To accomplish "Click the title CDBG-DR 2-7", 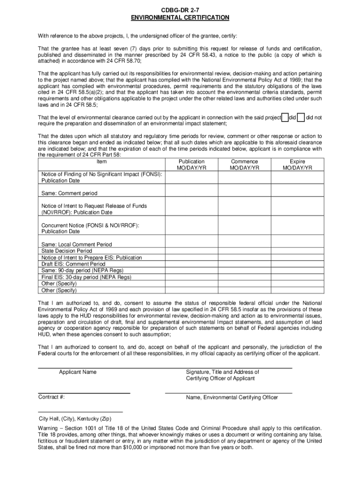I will pos(180,10).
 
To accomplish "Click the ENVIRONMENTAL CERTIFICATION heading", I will pos(180,18).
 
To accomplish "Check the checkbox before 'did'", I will pos(285,117).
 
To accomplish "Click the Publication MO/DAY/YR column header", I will pos(192,165).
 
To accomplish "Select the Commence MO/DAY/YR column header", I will pos(245,165).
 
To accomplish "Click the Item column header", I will pos(101,162).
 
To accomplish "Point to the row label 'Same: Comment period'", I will pos(70,193).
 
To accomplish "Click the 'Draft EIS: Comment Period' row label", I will pos(73,264).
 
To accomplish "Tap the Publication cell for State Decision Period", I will pos(192,251).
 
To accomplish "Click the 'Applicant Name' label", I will pos(78,372).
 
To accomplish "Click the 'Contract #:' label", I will pos(51,397).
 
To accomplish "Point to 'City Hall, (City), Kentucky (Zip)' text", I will pos(82,419).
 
